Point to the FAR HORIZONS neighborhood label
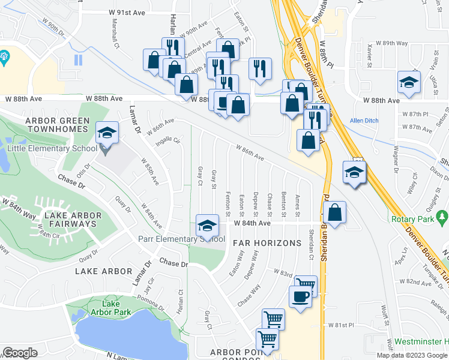(267, 243)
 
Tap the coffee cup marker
(300, 296)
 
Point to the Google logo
(20, 353)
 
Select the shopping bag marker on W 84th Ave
(334, 212)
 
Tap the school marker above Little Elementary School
(107, 133)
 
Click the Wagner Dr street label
(396, 153)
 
